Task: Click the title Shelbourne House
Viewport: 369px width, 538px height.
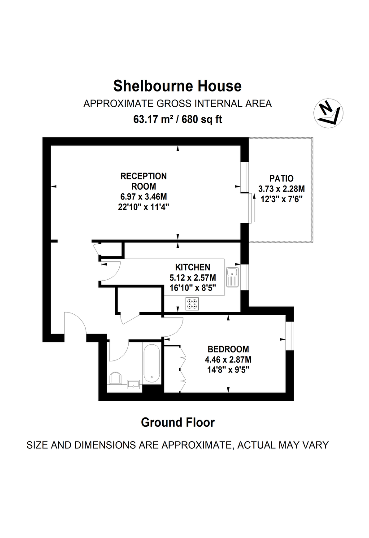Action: pos(177,85)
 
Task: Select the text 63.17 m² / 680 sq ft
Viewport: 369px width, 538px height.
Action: pos(178,119)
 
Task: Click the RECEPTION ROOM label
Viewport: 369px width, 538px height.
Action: pos(143,181)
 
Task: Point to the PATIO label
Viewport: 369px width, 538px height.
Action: pos(282,178)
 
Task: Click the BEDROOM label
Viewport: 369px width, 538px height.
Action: pos(228,349)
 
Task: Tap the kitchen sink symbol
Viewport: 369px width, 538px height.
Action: pos(233,277)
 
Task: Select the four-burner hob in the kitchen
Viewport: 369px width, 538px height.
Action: pos(192,304)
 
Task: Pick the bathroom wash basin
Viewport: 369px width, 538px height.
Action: pos(133,383)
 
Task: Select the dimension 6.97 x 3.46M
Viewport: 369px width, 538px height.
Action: pos(143,197)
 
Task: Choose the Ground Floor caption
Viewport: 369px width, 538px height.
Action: pos(178,422)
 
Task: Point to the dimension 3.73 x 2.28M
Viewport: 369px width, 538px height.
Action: pos(282,188)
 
